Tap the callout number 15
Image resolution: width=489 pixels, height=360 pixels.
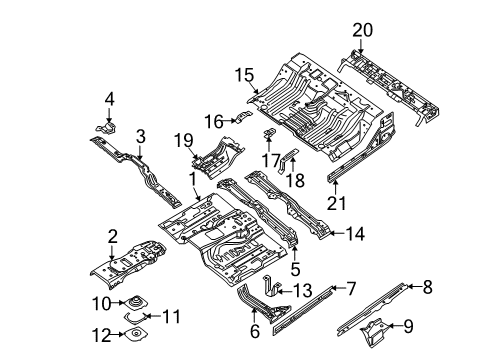point(243,75)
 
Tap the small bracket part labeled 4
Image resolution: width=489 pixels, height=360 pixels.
point(108,125)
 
